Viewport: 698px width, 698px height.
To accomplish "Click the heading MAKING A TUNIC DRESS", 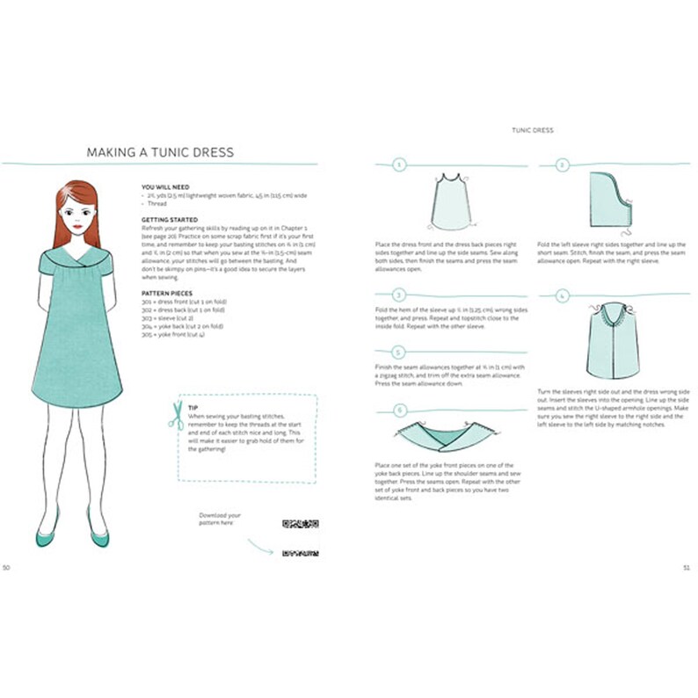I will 160,152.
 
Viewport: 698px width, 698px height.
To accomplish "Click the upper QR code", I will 299,525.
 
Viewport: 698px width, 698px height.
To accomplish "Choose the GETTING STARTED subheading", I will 170,219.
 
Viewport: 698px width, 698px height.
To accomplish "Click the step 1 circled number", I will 399,164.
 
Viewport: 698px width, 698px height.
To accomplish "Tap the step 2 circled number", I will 563,164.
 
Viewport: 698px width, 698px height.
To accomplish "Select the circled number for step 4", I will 563,296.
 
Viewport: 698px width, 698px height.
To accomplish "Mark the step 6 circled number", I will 399,410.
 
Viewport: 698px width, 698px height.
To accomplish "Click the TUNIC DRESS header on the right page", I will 533,130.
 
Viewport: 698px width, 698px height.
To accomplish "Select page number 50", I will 6,567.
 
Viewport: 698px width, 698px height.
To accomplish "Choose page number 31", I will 686,567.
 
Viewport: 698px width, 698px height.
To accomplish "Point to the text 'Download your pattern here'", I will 220,519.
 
